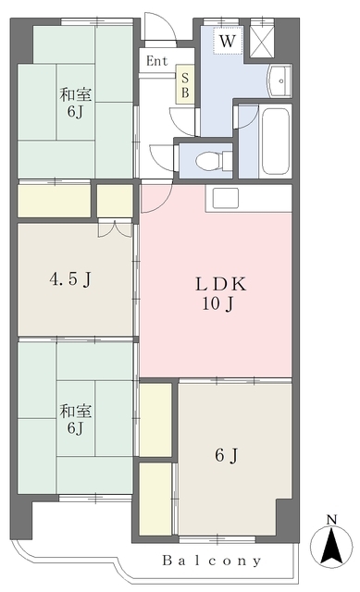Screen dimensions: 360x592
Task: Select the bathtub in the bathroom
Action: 276,142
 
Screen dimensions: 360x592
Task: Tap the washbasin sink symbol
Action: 279,80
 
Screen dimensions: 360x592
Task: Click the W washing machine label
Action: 228,41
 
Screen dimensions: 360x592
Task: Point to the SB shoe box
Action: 185,85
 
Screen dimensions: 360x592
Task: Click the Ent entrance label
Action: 157,61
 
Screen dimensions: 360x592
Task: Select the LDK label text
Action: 220,284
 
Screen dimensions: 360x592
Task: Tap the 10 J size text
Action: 217,303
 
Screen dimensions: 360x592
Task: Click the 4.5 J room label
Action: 70,279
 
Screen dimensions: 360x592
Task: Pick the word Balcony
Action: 212,561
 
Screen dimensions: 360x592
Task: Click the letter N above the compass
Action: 331,520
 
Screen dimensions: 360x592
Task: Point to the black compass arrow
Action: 331,546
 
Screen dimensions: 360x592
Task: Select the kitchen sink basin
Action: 226,198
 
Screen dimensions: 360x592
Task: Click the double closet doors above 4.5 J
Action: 115,229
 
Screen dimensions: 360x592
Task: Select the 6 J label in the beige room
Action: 227,455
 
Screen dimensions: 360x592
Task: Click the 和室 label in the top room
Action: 76,94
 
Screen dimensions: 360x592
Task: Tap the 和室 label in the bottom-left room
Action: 76,411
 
